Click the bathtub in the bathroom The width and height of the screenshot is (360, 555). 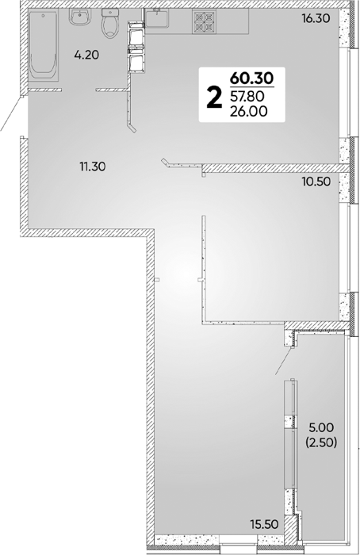click(43, 45)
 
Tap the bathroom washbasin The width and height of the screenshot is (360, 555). click(80, 17)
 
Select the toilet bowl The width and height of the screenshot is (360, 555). click(110, 23)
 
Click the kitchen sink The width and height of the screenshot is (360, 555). click(157, 18)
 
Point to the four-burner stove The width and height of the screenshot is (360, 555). click(204, 21)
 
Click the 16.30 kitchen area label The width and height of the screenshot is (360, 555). click(316, 17)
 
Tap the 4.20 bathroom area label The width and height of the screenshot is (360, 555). click(86, 55)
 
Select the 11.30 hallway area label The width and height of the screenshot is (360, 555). click(93, 166)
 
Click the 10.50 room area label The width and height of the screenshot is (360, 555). click(316, 182)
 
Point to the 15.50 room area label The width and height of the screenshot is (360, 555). click(264, 524)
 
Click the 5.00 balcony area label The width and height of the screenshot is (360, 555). click(321, 428)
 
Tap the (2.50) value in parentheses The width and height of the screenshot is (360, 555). click(320, 442)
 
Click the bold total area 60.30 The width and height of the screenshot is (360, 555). click(252, 77)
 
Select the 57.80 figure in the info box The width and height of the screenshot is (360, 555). click(247, 96)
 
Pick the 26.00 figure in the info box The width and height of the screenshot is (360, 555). click(248, 111)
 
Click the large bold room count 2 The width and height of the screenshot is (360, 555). click(215, 98)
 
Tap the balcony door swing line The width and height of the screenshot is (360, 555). click(284, 362)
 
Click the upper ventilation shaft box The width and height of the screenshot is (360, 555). click(136, 34)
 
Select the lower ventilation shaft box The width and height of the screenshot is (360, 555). click(136, 60)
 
